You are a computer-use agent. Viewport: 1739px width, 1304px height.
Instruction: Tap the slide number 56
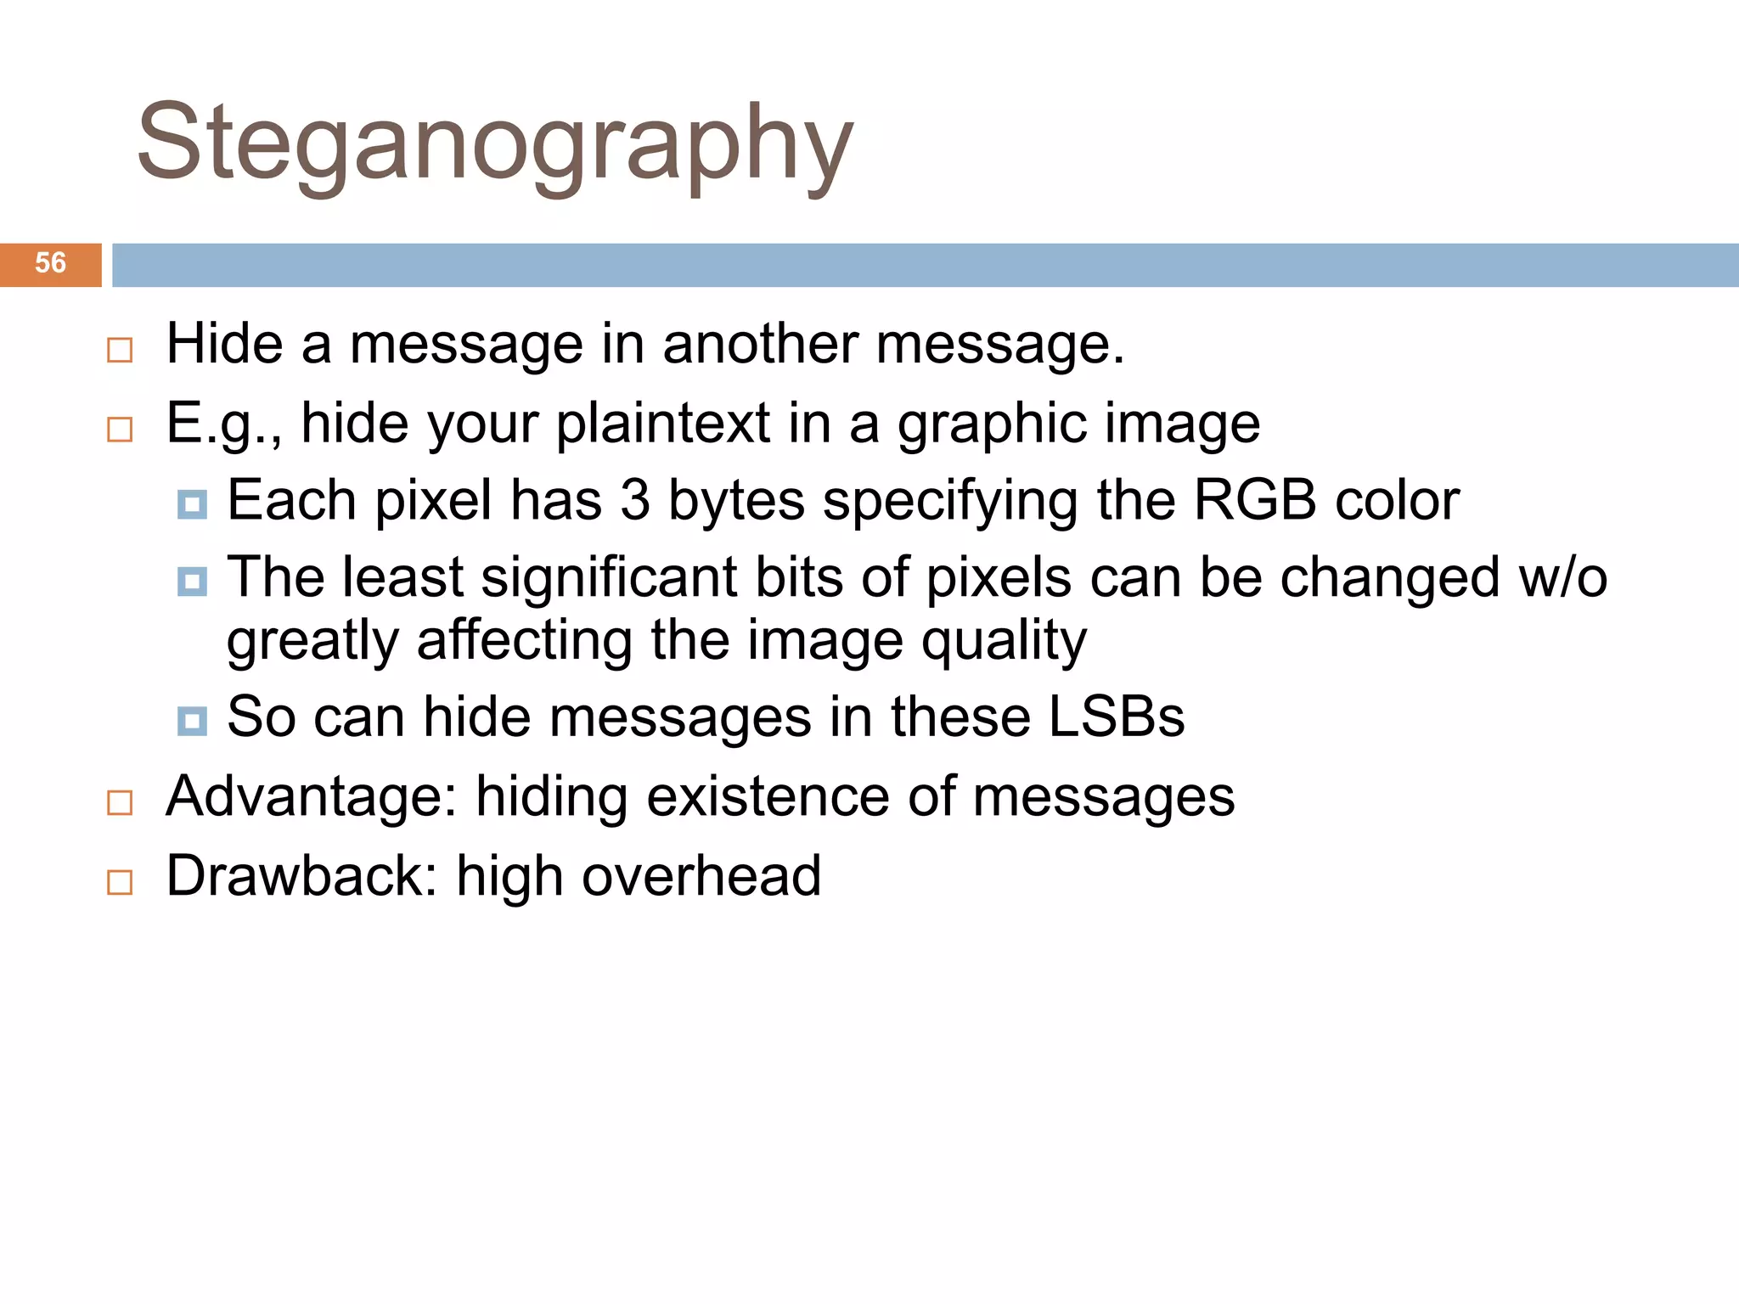[x=50, y=263]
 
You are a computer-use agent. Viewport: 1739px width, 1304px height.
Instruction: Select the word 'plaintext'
[x=662, y=423]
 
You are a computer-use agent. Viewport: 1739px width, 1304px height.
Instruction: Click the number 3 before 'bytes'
[x=634, y=500]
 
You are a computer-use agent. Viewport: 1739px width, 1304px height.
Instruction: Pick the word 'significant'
[x=609, y=577]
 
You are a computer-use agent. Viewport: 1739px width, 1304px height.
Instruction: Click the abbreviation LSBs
[x=1116, y=717]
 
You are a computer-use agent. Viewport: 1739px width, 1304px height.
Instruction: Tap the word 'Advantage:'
[x=311, y=797]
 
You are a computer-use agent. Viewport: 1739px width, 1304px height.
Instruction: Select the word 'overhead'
[x=701, y=876]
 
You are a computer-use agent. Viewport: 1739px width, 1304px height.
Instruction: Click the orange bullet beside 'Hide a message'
[x=120, y=350]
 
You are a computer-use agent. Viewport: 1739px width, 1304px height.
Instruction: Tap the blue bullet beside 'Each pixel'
[x=192, y=504]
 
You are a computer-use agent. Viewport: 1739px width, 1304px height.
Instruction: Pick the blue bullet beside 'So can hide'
[x=192, y=722]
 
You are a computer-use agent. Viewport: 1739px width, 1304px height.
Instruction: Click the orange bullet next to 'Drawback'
[x=120, y=882]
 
